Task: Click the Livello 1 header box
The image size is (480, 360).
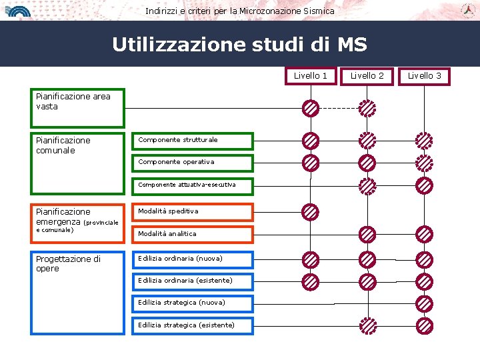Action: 311,76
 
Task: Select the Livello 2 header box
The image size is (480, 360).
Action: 367,76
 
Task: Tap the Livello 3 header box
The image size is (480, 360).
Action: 425,76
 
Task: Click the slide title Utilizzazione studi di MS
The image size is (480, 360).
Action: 239,45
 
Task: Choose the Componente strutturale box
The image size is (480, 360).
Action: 193,141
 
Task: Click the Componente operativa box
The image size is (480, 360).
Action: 193,163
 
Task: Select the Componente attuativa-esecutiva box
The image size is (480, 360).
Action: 193,185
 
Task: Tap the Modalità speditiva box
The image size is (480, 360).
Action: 193,212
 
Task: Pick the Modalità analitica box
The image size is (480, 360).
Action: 193,234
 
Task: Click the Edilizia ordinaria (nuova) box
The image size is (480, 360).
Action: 193,259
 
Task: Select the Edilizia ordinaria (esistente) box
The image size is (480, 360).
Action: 193,281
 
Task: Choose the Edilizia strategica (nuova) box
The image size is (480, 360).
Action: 193,303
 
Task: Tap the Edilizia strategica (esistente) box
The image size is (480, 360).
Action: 193,325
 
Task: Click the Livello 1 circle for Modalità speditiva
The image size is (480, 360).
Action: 310,212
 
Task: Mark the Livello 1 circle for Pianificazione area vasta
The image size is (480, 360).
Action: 310,108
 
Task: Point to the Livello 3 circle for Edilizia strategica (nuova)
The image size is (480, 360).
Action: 424,303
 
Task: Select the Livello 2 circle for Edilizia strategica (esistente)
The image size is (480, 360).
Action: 367,325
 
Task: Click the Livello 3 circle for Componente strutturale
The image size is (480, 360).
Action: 424,141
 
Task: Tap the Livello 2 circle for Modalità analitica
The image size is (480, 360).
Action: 367,234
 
